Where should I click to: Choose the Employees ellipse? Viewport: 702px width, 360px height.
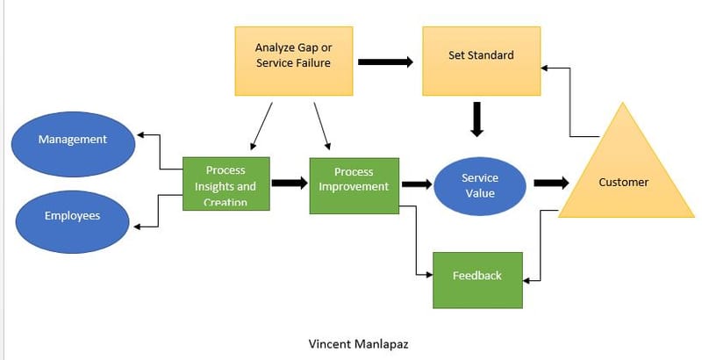tap(73, 215)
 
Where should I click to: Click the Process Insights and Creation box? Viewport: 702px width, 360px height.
tap(226, 184)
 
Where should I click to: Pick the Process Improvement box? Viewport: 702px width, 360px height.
tap(354, 185)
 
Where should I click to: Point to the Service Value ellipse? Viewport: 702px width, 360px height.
tap(479, 185)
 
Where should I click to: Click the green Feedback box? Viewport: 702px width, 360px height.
tap(477, 279)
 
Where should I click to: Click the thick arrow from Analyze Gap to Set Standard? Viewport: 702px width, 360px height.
tap(386, 62)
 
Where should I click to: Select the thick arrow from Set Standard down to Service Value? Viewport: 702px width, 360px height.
tap(476, 119)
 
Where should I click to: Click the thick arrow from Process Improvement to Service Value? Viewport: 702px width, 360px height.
tap(418, 184)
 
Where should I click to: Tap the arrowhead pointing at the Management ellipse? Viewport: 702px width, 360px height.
tap(140, 135)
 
